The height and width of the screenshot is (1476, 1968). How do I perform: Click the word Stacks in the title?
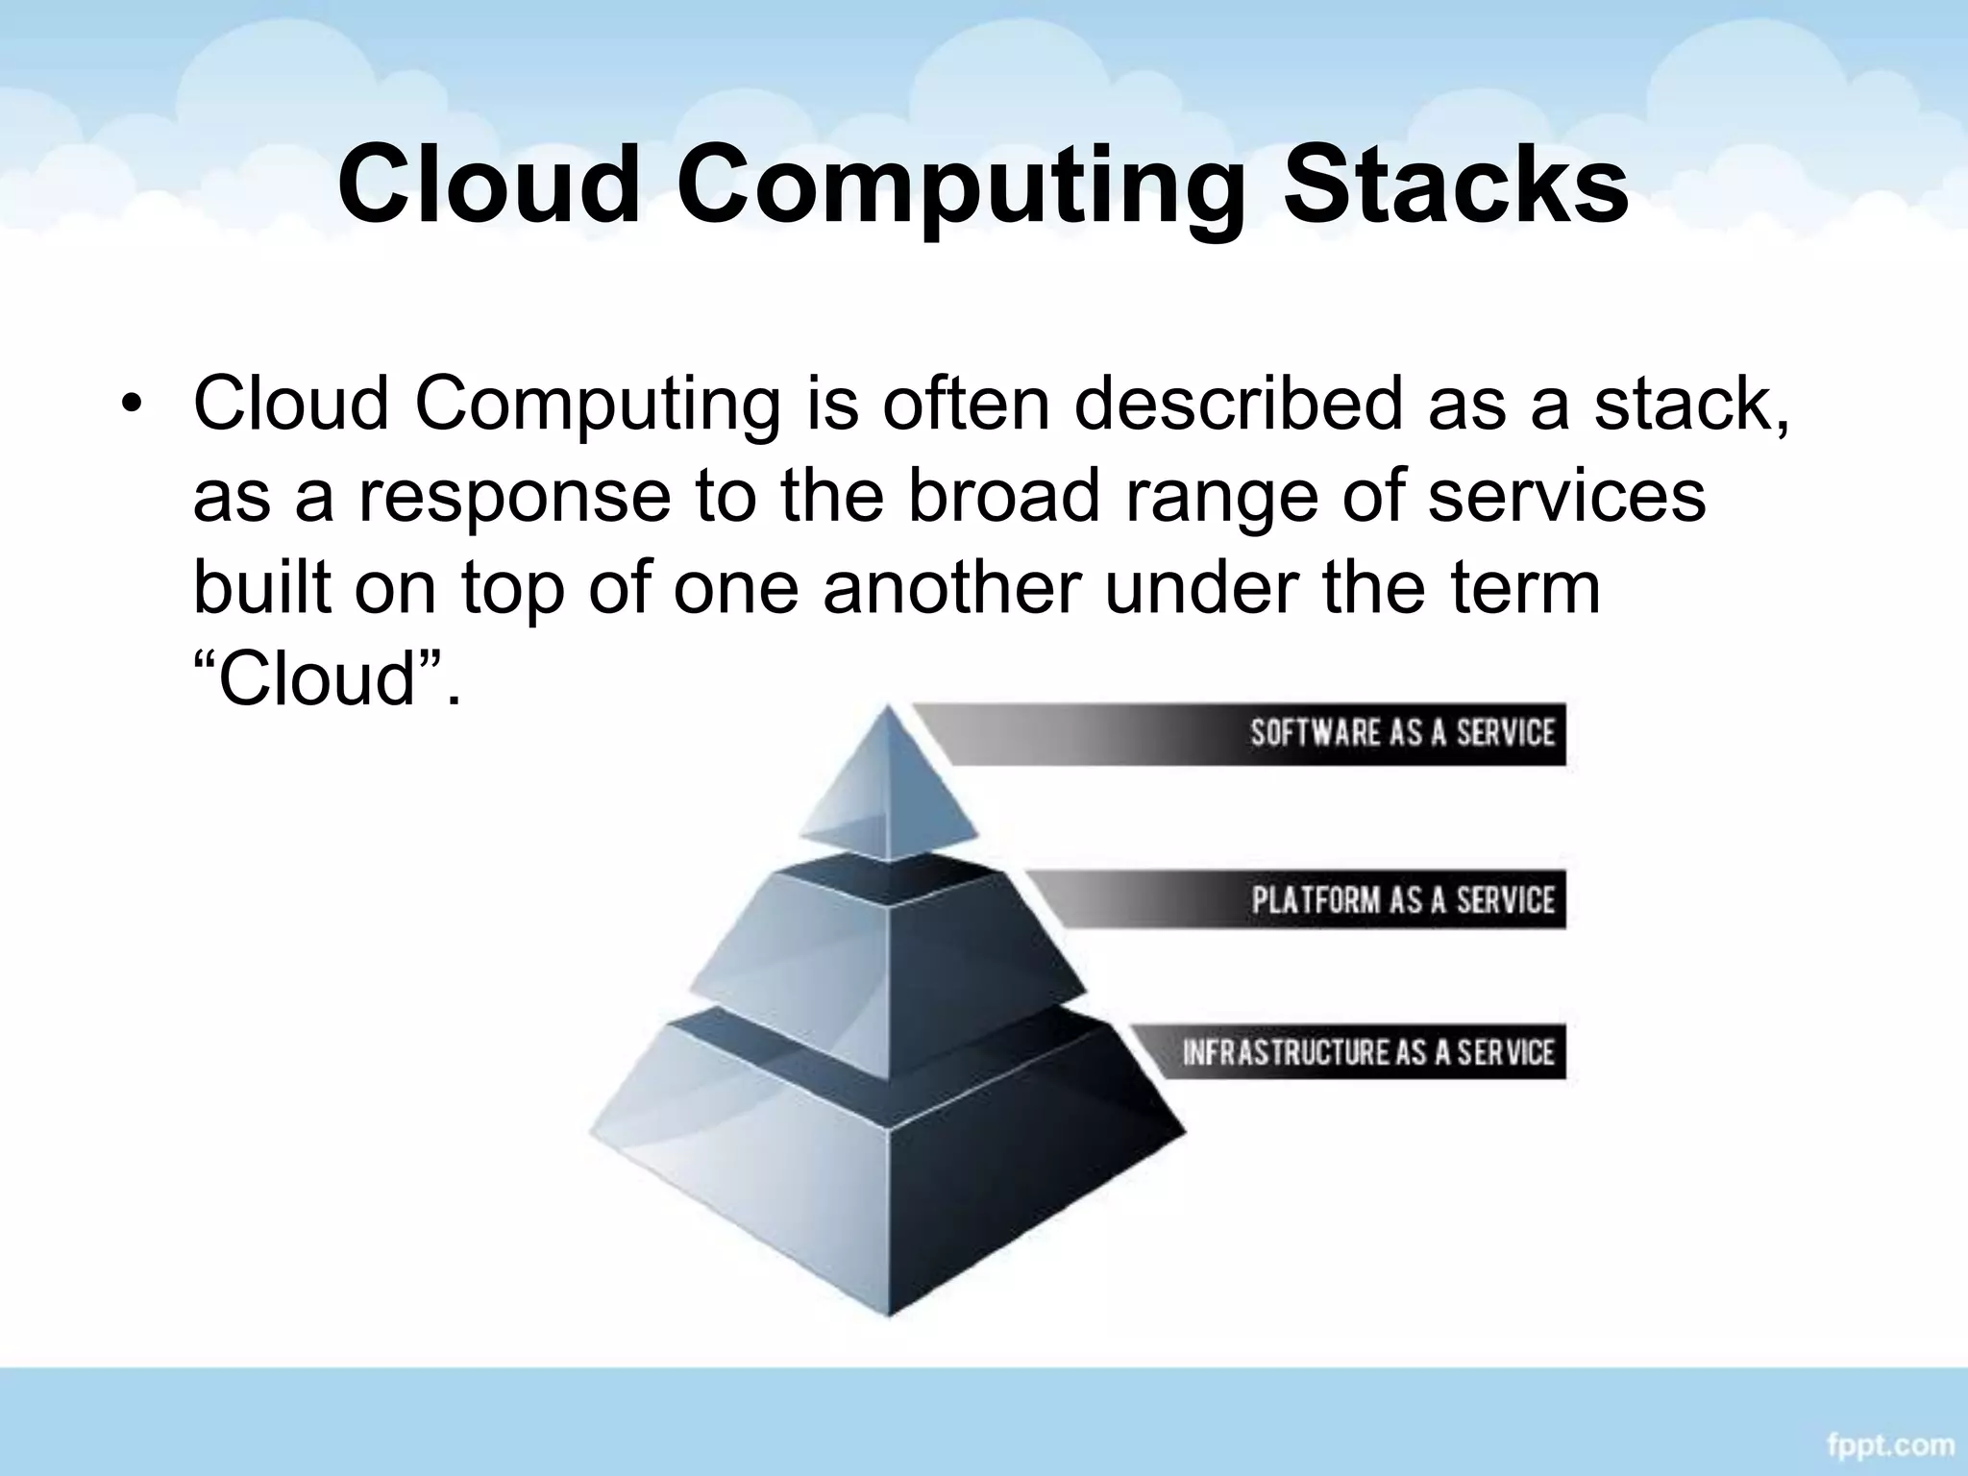(1456, 183)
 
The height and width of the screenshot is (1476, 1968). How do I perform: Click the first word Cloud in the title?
(488, 183)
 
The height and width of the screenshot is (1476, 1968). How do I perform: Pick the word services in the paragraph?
(1566, 496)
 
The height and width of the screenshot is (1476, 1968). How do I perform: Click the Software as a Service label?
(1401, 733)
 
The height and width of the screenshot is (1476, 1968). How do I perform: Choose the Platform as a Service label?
(1402, 900)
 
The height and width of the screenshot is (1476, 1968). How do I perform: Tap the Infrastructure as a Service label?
(1367, 1051)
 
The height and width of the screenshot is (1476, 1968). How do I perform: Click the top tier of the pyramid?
(889, 788)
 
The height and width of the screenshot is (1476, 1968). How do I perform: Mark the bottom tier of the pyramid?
(889, 1182)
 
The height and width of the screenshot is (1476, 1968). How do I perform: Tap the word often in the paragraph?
(966, 404)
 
